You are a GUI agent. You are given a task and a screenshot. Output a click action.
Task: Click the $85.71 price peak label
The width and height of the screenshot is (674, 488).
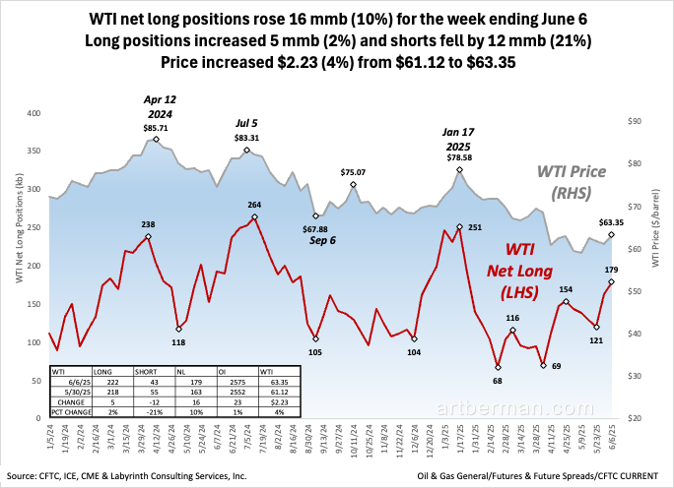point(153,129)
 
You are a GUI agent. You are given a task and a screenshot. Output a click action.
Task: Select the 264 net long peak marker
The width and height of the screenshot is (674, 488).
point(254,216)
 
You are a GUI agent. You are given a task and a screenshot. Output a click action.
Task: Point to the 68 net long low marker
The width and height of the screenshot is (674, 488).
point(498,367)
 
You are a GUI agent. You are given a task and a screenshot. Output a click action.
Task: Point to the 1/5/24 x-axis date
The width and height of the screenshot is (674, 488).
point(48,436)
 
